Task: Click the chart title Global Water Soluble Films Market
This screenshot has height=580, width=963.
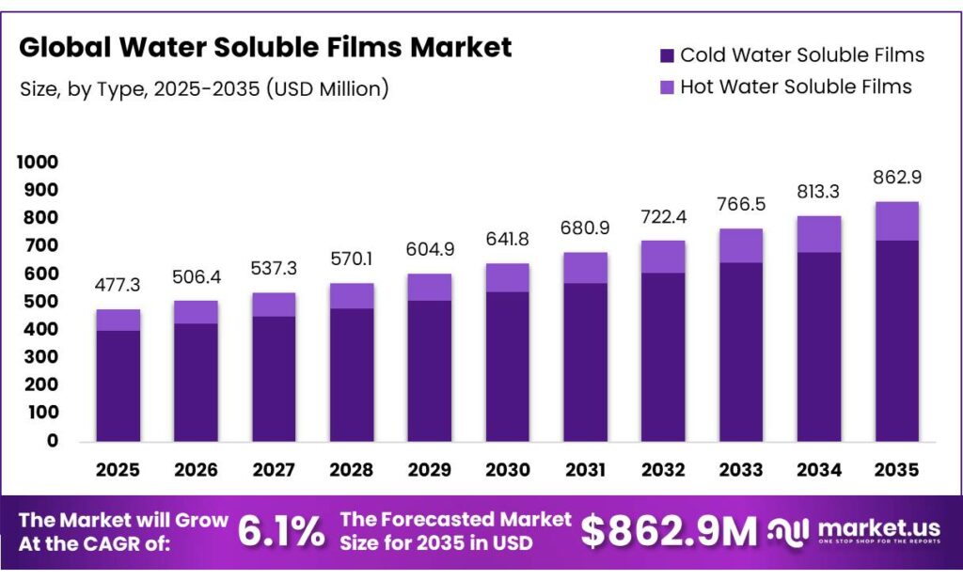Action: pyautogui.click(x=265, y=47)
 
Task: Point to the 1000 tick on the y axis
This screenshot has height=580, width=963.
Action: pyautogui.click(x=38, y=163)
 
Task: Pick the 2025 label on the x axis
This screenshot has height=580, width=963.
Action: pyautogui.click(x=118, y=469)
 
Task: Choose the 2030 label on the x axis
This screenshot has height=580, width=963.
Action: pyautogui.click(x=507, y=469)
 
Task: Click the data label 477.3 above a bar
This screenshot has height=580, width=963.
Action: pyautogui.click(x=118, y=286)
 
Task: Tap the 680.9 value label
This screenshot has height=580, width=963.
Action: pyautogui.click(x=585, y=228)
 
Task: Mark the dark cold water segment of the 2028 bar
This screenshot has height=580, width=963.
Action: pyautogui.click(x=351, y=374)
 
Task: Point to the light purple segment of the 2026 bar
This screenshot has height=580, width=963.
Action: pyautogui.click(x=196, y=312)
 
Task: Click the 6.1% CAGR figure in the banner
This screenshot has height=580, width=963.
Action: pyautogui.click(x=280, y=532)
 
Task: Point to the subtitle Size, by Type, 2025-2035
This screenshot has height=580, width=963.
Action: pyautogui.click(x=204, y=89)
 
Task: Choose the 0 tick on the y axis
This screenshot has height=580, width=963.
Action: pyautogui.click(x=53, y=441)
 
